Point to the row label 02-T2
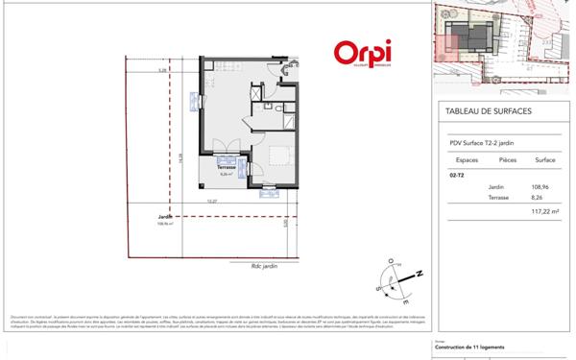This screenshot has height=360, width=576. [x=455, y=177]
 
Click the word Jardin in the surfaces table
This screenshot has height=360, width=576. [x=495, y=187]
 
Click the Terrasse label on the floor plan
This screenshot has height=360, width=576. [x=227, y=168]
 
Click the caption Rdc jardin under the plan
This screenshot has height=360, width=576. [x=263, y=266]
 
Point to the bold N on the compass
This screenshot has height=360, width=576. [x=419, y=276]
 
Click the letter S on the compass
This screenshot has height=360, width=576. [x=381, y=284]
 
